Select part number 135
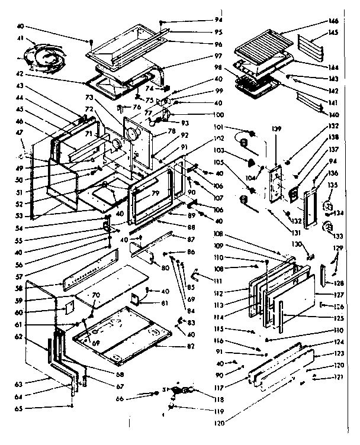333,185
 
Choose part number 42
20,74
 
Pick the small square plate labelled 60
68,307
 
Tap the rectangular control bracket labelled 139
275,183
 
